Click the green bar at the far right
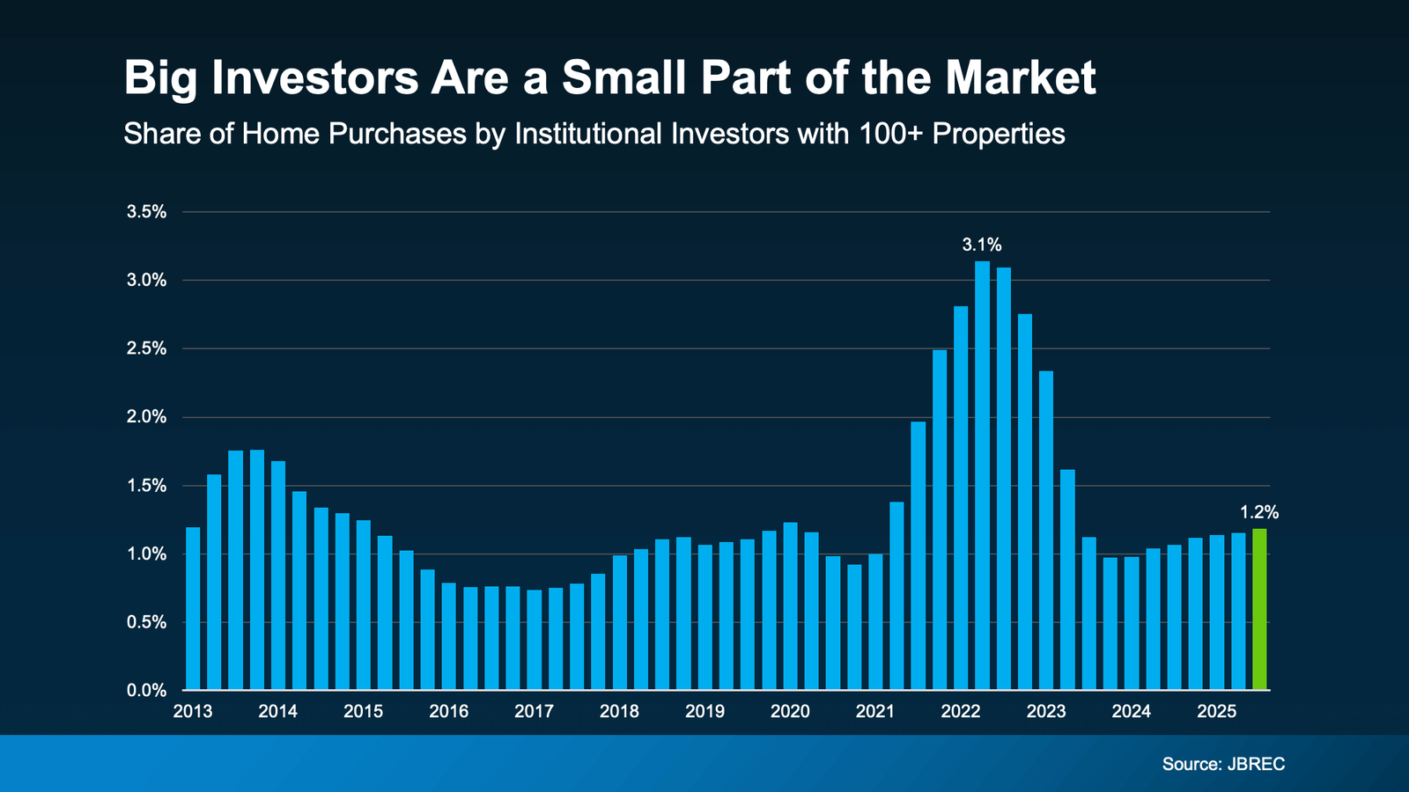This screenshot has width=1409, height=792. (1259, 609)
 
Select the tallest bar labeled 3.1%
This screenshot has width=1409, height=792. (982, 475)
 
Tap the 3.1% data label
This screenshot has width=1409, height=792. (981, 245)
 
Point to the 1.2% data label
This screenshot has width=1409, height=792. (1258, 512)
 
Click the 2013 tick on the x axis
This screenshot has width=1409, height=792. (193, 711)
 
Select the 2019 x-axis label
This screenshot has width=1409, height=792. (704, 711)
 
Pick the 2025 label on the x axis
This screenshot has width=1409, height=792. (1216, 711)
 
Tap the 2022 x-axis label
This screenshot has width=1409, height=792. (960, 711)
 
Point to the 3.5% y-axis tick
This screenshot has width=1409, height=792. (146, 212)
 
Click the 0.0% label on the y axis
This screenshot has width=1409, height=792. (146, 691)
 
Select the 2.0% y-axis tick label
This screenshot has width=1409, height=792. (146, 417)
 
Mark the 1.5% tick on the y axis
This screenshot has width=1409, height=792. (146, 486)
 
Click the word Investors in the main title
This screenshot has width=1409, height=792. (314, 77)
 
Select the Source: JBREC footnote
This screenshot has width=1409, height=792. (1223, 764)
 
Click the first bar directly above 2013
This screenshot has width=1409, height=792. (193, 608)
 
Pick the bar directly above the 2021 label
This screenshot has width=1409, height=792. (875, 621)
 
